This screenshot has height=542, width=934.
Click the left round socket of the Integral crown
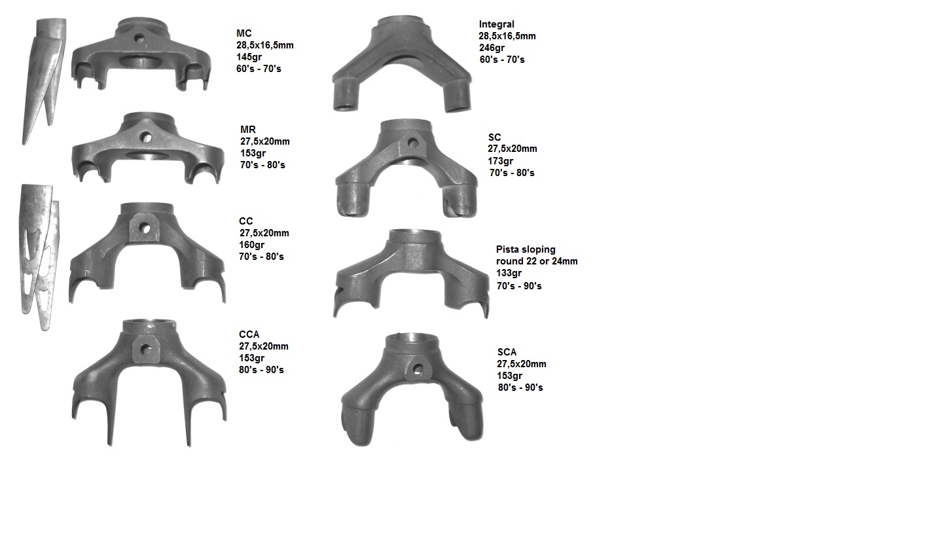click(x=346, y=95)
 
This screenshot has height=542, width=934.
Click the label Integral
click(x=496, y=24)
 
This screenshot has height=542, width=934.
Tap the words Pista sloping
click(x=526, y=249)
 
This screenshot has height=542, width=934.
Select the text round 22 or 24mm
click(x=537, y=261)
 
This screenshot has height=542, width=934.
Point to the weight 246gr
click(x=492, y=48)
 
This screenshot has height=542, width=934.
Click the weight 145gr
click(x=249, y=57)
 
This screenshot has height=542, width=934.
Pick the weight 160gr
click(x=252, y=245)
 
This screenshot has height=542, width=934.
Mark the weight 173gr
click(x=501, y=160)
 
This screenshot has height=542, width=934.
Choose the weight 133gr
click(x=509, y=273)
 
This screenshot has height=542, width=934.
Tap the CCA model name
click(x=249, y=334)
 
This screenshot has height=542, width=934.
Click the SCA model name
click(x=507, y=352)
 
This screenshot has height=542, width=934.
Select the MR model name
click(x=247, y=129)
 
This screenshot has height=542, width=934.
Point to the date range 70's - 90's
click(x=519, y=285)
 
